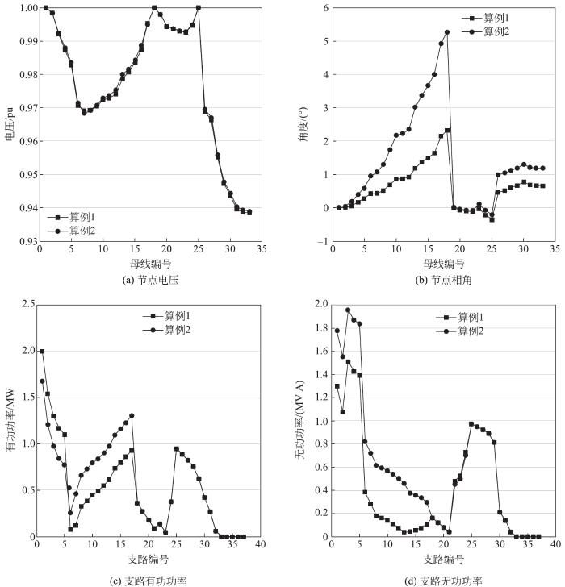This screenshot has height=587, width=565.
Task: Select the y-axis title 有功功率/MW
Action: click(x=10, y=421)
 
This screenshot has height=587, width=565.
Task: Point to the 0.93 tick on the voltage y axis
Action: click(x=27, y=241)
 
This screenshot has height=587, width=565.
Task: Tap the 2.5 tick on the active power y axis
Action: click(x=27, y=304)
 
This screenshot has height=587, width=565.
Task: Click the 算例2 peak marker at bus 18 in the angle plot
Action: click(x=447, y=32)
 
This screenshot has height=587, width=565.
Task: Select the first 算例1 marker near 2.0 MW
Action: click(x=42, y=352)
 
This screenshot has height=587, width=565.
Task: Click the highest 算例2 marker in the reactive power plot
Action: click(x=348, y=310)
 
